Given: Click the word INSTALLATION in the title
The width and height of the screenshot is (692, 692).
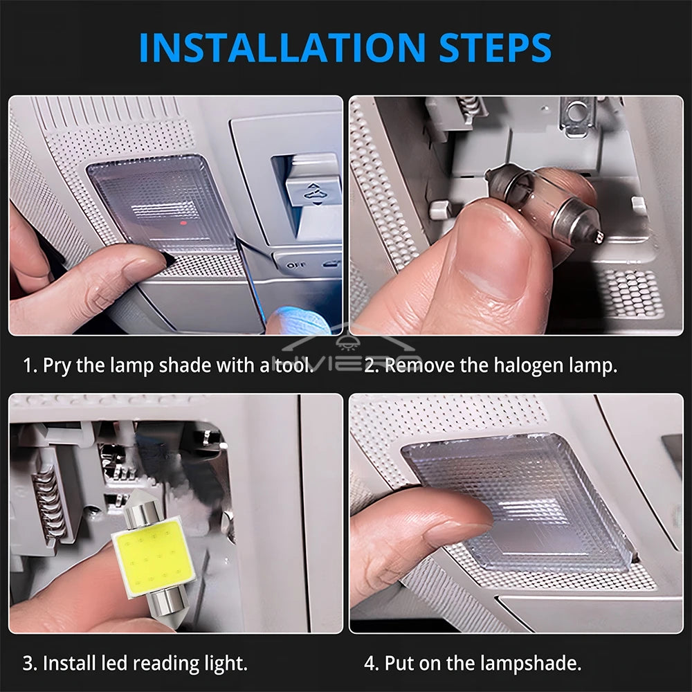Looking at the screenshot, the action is [282, 47].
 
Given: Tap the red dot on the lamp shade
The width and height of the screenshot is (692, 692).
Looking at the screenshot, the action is [182, 223].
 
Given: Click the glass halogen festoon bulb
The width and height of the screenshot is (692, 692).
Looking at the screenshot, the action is [544, 201].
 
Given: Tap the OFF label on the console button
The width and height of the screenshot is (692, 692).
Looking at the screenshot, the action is [295, 265].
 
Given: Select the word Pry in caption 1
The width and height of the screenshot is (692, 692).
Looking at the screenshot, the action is [57, 366].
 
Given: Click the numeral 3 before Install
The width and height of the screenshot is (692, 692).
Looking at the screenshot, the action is [28, 664].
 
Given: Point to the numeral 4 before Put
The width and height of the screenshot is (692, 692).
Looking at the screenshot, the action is [370, 664].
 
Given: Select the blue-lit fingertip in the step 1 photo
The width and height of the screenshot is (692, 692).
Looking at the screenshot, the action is [293, 321].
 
